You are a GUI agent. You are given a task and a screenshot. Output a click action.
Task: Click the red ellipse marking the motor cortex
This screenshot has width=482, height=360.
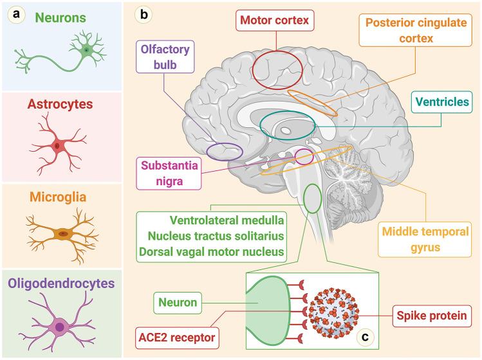tap(276, 69)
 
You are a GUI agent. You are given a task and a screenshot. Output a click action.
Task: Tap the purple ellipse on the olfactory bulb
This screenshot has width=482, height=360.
tap(225, 152)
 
